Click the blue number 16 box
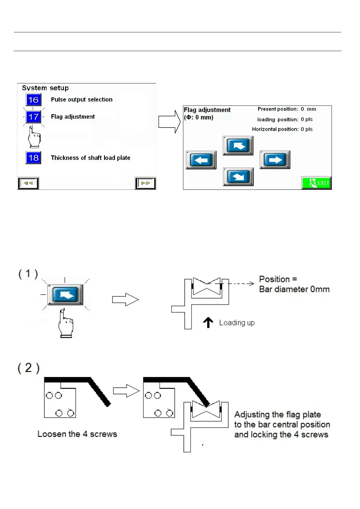pyautogui.click(x=33, y=100)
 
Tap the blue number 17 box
pyautogui.click(x=33, y=117)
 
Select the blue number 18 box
pyautogui.click(x=33, y=158)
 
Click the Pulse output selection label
pyautogui.click(x=82, y=100)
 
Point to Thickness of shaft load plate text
pyautogui.click(x=90, y=158)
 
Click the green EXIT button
pyautogui.click(x=316, y=183)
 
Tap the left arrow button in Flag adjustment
pyautogui.click(x=201, y=160)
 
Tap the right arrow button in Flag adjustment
pyautogui.click(x=275, y=160)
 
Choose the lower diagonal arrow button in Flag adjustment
pyautogui.click(x=238, y=177)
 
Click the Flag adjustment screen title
pyautogui.click(x=207, y=110)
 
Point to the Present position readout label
pyautogui.click(x=278, y=109)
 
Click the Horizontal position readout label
pyautogui.click(x=275, y=129)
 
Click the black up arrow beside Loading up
pyautogui.click(x=208, y=323)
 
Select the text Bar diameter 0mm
pyautogui.click(x=294, y=289)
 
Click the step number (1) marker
pyautogui.click(x=28, y=274)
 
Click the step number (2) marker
pyautogui.click(x=28, y=368)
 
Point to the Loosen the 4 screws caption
pyautogui.click(x=77, y=434)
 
